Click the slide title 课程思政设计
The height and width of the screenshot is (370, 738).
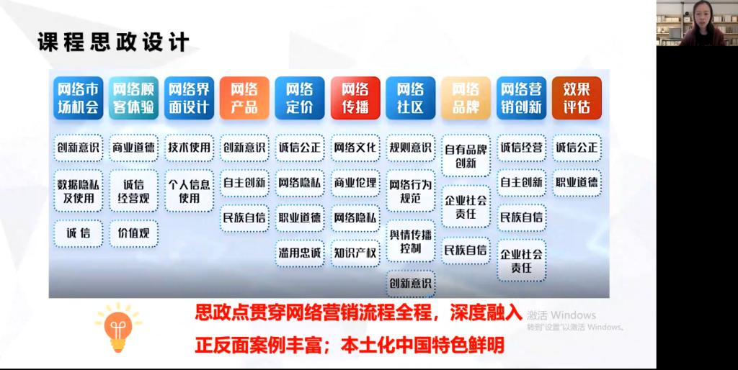click(113, 42)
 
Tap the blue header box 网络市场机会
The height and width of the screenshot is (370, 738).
click(78, 98)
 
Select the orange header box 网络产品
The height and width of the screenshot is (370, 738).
click(244, 98)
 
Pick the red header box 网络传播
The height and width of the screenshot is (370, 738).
click(355, 98)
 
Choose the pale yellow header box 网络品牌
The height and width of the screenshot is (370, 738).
click(466, 98)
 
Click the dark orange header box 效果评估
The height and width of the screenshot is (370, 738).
click(577, 98)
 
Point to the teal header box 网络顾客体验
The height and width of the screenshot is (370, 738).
click(133, 98)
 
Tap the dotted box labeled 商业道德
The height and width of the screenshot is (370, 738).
click(133, 148)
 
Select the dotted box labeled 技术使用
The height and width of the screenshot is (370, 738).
click(190, 148)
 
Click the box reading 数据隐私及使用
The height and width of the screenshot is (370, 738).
click(78, 191)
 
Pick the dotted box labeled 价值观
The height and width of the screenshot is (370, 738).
click(133, 233)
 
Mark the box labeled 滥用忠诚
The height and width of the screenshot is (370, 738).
click(300, 253)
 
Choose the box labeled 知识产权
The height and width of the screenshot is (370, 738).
click(355, 253)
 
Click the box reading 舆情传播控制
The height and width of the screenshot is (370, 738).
click(410, 241)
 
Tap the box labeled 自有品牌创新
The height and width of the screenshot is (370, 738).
click(466, 156)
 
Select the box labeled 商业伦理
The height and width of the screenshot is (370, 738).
click(355, 183)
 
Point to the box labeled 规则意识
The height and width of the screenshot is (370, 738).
click(410, 148)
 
